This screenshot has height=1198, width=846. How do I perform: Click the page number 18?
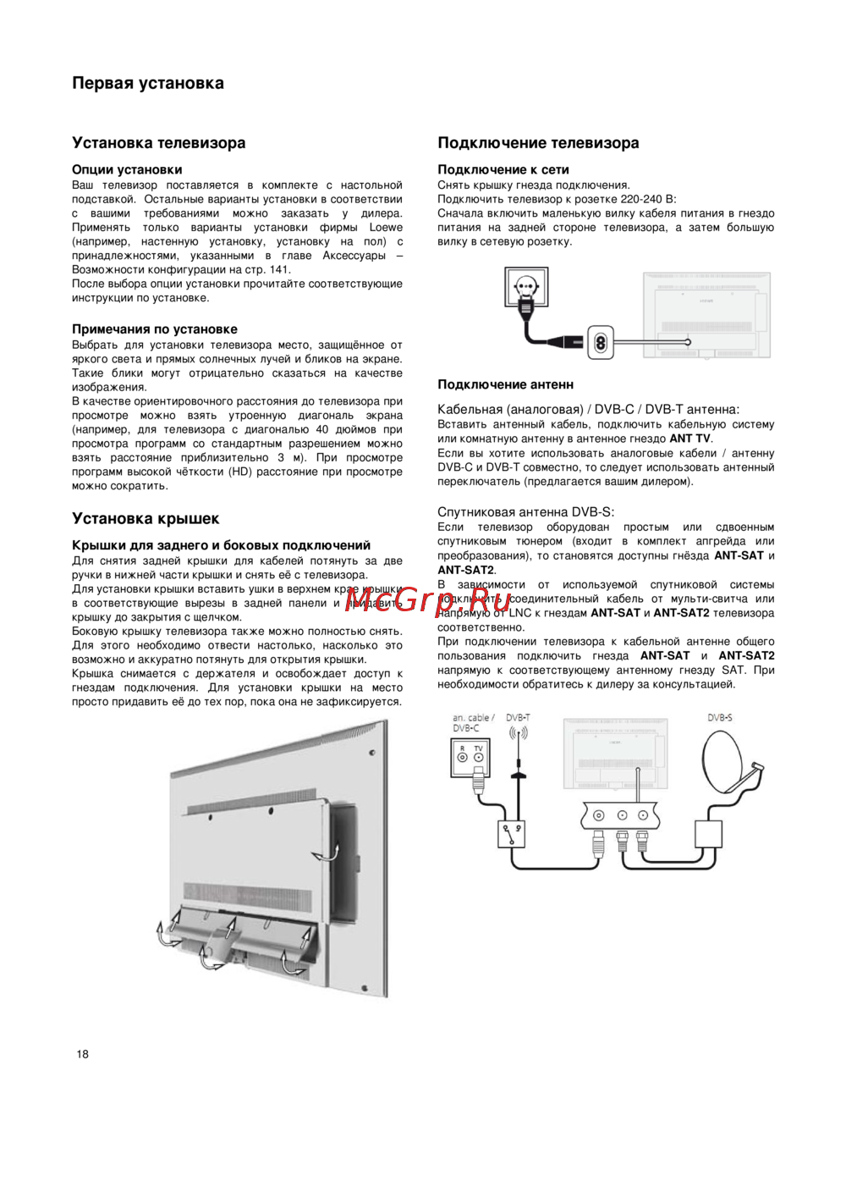pyautogui.click(x=82, y=1054)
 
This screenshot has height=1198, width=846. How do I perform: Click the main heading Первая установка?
pyautogui.click(x=148, y=83)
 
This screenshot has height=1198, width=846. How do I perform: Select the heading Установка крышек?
pyautogui.click(x=146, y=519)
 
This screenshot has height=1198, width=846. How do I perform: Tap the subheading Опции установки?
pyautogui.click(x=127, y=169)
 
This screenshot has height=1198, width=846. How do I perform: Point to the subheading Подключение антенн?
pyautogui.click(x=505, y=384)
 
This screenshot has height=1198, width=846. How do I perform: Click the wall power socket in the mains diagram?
pyautogui.click(x=526, y=289)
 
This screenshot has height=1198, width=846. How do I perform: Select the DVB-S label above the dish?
pyautogui.click(x=720, y=718)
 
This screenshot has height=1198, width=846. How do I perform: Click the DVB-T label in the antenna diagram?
pyautogui.click(x=518, y=718)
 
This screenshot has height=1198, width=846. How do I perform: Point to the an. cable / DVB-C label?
pyautogui.click(x=473, y=722)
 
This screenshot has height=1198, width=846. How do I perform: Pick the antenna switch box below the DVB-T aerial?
pyautogui.click(x=512, y=833)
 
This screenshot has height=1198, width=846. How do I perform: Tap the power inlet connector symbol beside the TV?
pyautogui.click(x=602, y=342)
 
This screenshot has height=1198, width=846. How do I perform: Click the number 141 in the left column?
pyautogui.click(x=279, y=270)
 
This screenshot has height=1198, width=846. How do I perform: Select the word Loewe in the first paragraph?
pyautogui.click(x=386, y=228)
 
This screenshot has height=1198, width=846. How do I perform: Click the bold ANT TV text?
pyautogui.click(x=690, y=439)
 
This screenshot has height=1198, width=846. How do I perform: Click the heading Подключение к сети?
pyautogui.click(x=503, y=169)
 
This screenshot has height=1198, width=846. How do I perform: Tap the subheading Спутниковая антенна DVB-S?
pyautogui.click(x=525, y=512)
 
